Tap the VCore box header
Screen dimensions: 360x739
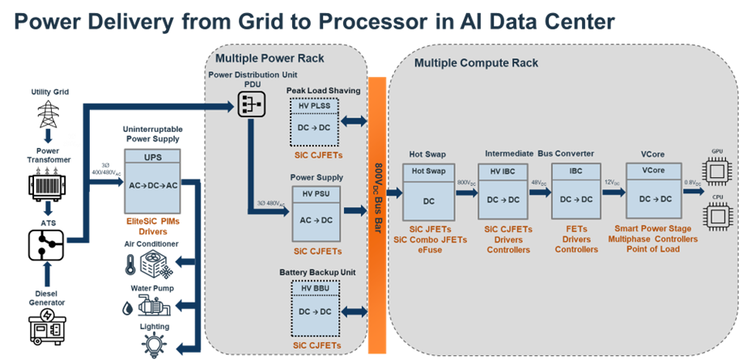tap(652, 171)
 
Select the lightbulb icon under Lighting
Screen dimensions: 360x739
tap(154, 342)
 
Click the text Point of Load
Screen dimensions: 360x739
tap(652, 249)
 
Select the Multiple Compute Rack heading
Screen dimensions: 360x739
tap(476, 62)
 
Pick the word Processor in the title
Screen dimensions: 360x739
tap(380, 22)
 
